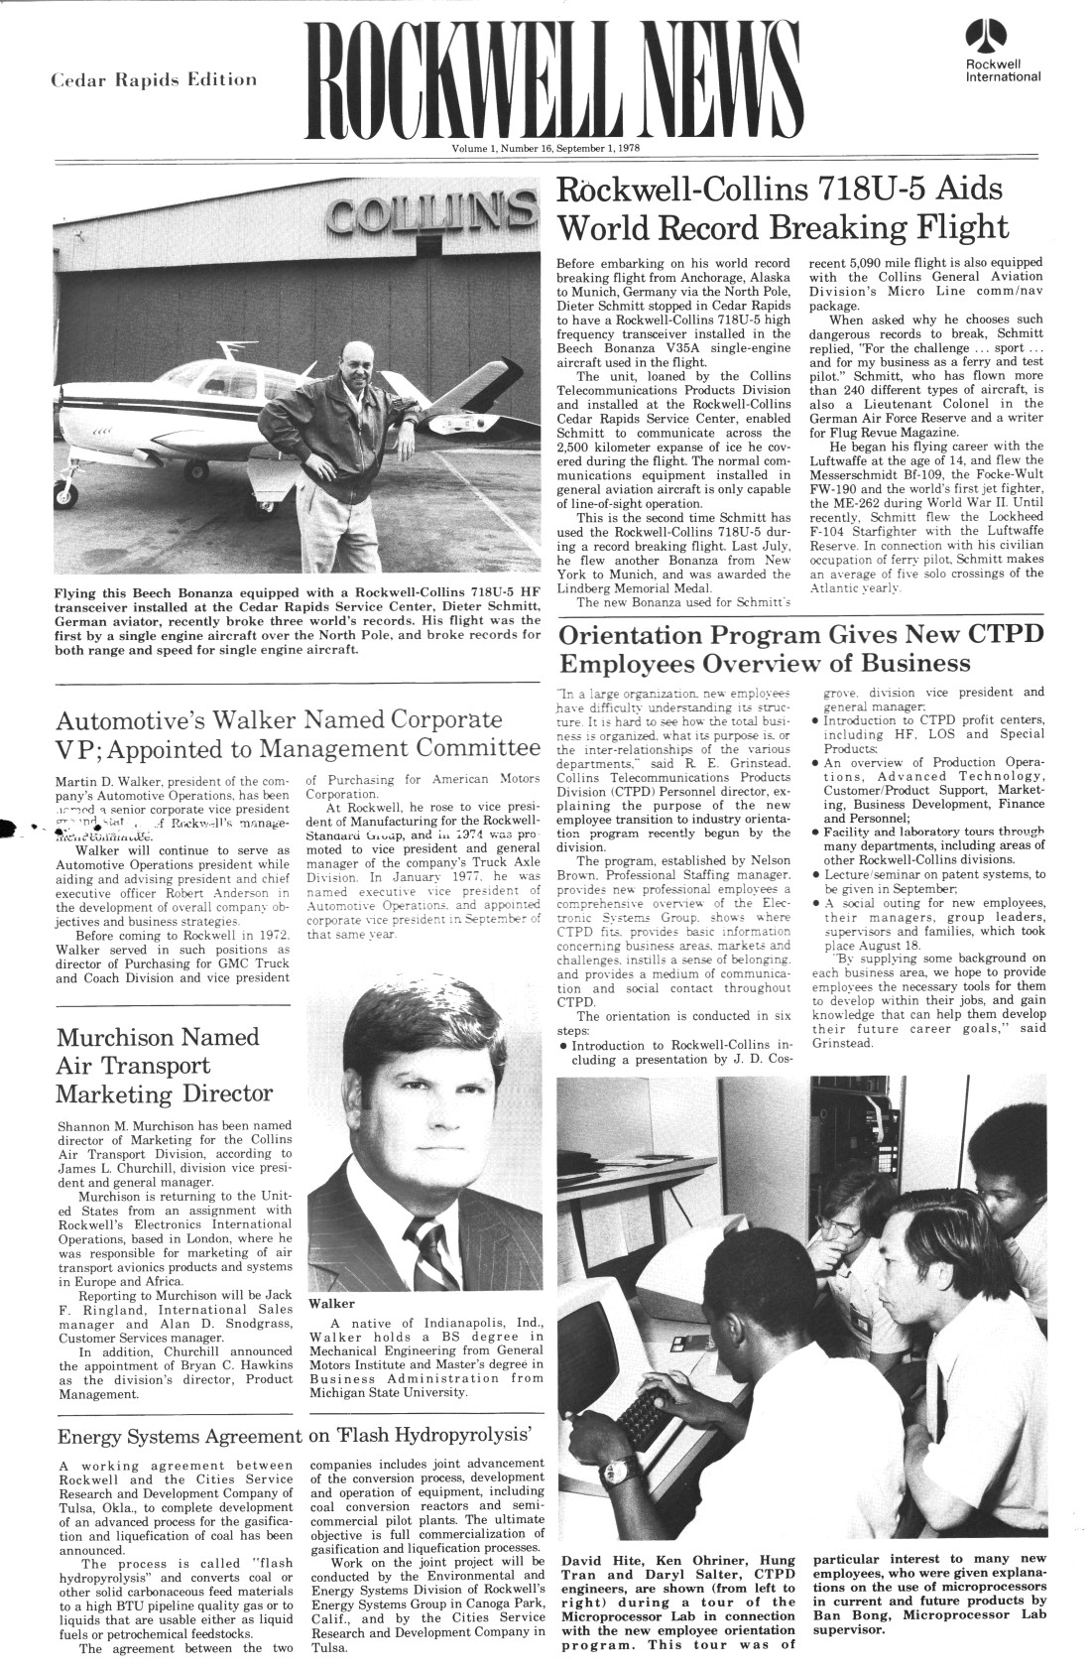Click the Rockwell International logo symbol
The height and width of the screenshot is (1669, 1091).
click(x=986, y=38)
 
